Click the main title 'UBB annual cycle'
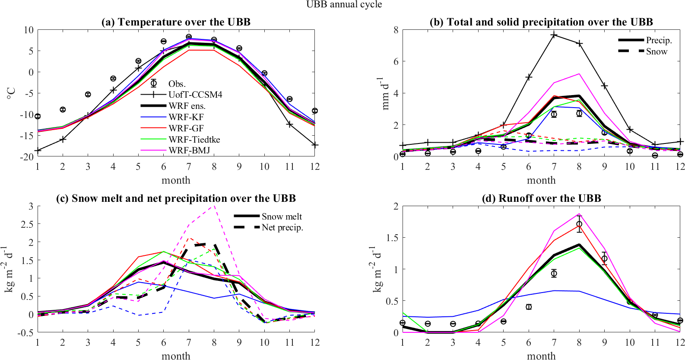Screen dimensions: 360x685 click(x=344, y=4)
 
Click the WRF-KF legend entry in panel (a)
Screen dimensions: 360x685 click(x=186, y=117)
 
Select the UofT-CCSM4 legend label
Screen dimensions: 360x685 click(x=195, y=95)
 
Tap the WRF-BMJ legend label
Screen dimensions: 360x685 click(x=189, y=150)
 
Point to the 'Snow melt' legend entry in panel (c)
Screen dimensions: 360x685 click(x=282, y=217)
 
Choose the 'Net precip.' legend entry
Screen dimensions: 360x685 click(x=282, y=227)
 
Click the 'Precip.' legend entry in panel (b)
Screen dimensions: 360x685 click(x=659, y=40)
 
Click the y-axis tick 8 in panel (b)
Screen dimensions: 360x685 click(x=396, y=30)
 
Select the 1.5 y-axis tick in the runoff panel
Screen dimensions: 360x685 click(x=392, y=238)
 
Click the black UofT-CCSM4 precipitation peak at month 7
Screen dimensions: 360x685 click(x=554, y=35)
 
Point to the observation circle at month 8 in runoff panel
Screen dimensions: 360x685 click(x=579, y=224)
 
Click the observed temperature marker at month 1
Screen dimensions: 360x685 click(x=38, y=116)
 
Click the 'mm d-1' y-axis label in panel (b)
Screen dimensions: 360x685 click(x=383, y=93)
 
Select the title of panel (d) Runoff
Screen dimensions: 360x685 click(x=541, y=198)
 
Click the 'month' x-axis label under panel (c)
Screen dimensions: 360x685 click(x=176, y=356)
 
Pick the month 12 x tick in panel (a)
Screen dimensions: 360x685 click(x=315, y=167)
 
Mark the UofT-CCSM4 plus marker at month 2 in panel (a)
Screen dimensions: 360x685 click(x=63, y=139)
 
